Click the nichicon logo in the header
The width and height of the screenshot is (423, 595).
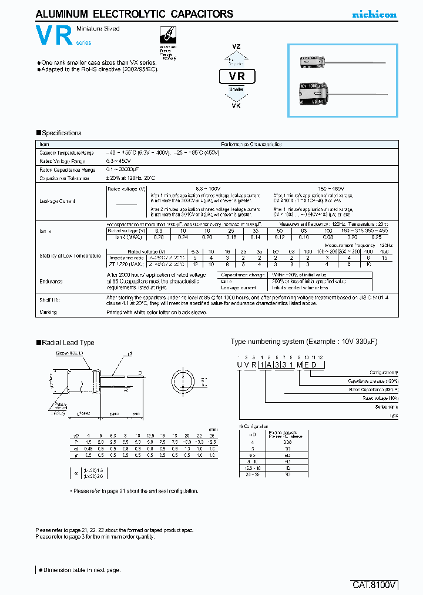(x=374, y=14)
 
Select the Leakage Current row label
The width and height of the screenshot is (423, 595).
(x=57, y=201)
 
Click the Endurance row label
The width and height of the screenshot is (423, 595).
(x=51, y=282)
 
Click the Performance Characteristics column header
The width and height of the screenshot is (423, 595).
(x=251, y=144)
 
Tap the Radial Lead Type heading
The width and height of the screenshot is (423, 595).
(x=67, y=342)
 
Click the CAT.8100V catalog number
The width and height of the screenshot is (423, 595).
(x=374, y=584)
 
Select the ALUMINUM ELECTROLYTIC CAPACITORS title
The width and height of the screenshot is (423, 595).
(x=135, y=14)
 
